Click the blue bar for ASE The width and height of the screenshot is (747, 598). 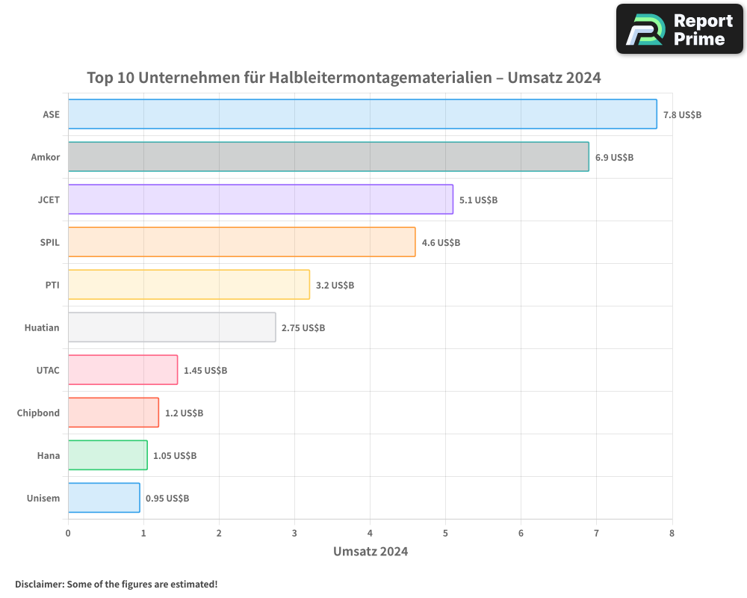click(362, 114)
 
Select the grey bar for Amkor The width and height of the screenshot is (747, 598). click(328, 157)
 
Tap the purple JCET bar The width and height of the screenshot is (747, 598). click(260, 200)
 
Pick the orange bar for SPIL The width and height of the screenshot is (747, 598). click(241, 242)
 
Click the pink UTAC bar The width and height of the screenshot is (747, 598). click(123, 370)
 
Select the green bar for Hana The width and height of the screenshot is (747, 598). click(108, 455)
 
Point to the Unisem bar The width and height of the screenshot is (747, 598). click(104, 498)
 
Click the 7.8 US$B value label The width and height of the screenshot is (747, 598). click(682, 115)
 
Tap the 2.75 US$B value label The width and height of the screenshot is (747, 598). click(303, 328)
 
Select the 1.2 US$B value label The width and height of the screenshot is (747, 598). click(184, 413)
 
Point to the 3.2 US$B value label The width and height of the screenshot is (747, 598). click(335, 286)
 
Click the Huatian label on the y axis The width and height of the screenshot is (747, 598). click(42, 327)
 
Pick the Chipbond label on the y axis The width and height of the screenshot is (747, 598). click(38, 413)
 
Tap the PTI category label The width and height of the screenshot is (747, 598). click(52, 285)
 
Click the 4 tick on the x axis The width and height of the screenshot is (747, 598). click(370, 533)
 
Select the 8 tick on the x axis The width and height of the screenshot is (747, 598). click(672, 533)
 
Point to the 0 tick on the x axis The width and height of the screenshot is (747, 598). click(68, 533)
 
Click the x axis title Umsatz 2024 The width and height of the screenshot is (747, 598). click(370, 552)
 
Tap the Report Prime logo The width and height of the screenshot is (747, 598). click(679, 29)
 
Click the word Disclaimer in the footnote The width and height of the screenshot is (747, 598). click(39, 584)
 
